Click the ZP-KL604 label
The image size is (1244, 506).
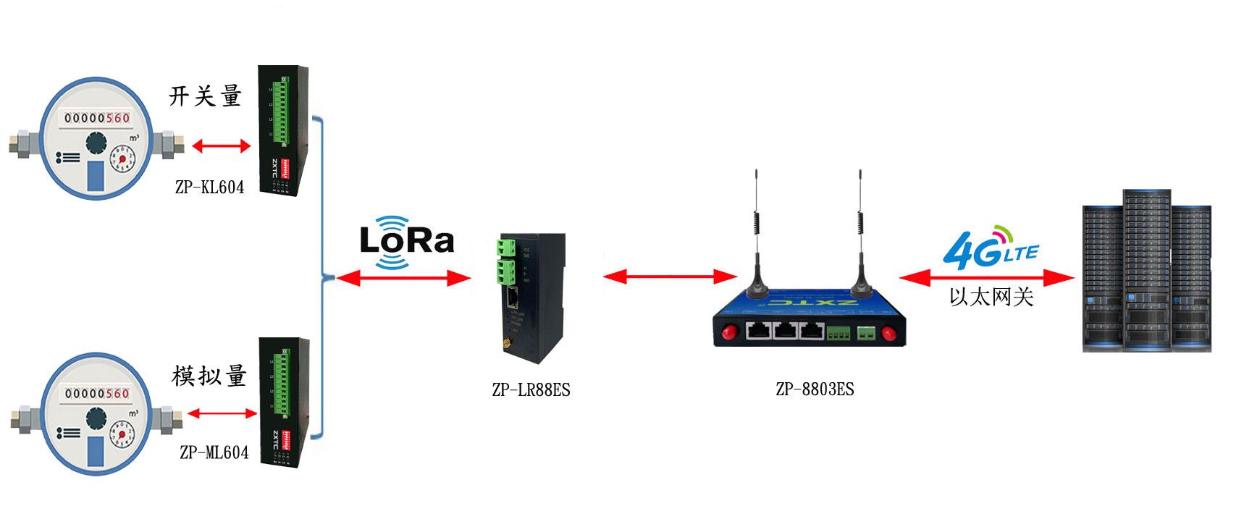pyautogui.click(x=209, y=187)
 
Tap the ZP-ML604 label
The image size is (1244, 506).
pyautogui.click(x=214, y=452)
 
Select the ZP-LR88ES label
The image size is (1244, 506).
pyautogui.click(x=531, y=390)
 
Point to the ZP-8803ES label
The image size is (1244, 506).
pyautogui.click(x=815, y=389)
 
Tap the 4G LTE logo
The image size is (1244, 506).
pyautogui.click(x=990, y=248)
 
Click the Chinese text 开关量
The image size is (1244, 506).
pyautogui.click(x=205, y=96)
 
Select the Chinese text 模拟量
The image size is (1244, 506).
pyautogui.click(x=209, y=376)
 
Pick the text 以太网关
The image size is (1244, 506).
pyautogui.click(x=991, y=297)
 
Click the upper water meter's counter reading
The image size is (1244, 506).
pyautogui.click(x=97, y=118)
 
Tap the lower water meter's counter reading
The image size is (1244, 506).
pyautogui.click(x=97, y=394)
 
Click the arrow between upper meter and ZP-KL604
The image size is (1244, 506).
pyautogui.click(x=221, y=146)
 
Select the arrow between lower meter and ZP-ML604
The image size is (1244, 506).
pyautogui.click(x=222, y=413)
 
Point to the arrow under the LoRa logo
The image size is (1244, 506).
pyautogui.click(x=403, y=278)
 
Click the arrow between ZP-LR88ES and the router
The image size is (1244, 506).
pyautogui.click(x=670, y=277)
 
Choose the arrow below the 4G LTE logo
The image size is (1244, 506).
pyautogui.click(x=986, y=278)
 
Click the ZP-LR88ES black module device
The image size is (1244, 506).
pyautogui.click(x=531, y=297)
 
